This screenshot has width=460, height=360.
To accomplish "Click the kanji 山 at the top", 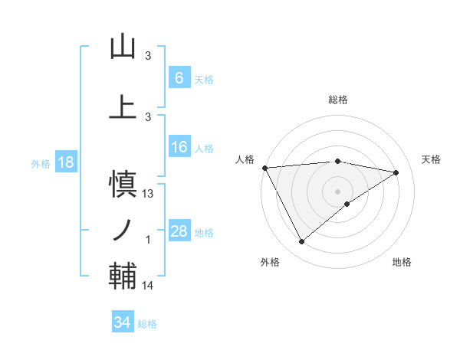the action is [123, 47].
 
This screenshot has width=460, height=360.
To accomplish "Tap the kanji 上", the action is [123, 106].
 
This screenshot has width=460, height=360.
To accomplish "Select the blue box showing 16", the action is [179, 147].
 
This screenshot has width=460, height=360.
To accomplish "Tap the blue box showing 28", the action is [179, 231].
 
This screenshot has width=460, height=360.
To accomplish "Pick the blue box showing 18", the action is [65, 162].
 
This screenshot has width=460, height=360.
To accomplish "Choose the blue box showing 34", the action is [122, 322].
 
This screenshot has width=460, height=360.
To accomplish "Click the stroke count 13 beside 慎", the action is [149, 194].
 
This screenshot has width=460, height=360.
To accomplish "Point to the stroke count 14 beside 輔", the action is [149, 286].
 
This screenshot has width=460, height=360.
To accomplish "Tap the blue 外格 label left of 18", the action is [41, 163].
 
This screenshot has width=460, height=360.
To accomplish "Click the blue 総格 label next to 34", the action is [147, 324].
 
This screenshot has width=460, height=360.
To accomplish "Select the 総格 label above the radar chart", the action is [337, 100].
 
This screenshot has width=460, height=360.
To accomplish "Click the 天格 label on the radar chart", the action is [431, 159].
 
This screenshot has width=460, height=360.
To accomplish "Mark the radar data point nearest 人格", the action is [264, 167].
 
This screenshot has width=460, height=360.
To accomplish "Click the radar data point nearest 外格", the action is [301, 242].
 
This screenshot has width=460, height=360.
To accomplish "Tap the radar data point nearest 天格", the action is [396, 172].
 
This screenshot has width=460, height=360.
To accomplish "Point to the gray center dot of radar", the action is [337, 191].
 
